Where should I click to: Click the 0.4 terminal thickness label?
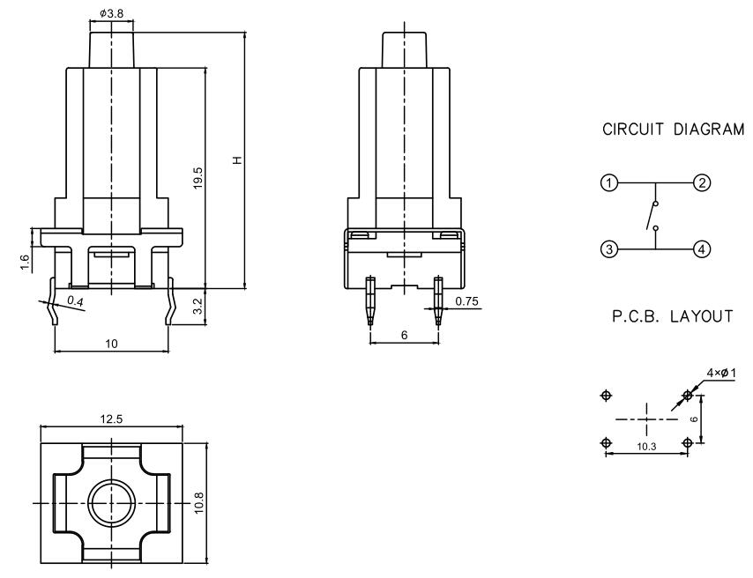coord(77,303)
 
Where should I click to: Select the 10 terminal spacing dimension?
coord(110,344)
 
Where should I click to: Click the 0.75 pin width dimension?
coord(467,302)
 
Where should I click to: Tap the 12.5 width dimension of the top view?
coord(110,419)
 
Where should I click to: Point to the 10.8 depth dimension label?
coord(198,503)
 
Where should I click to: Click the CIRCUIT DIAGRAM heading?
coord(673,130)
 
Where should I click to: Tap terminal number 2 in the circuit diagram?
coord(702,184)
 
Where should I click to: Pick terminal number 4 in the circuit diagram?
coord(702,249)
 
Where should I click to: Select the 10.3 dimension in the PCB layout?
coord(646,448)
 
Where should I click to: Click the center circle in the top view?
coord(110,503)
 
